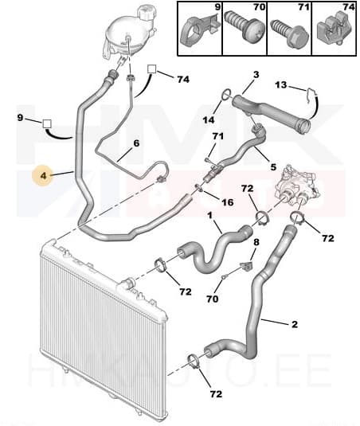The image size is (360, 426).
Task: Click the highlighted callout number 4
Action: click(44, 176)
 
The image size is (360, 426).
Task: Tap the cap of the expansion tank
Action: click(147, 12)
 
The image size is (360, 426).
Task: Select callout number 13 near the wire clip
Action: click(280, 84)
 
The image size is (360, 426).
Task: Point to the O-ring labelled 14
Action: click(226, 94)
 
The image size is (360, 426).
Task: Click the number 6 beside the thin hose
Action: click(136, 143)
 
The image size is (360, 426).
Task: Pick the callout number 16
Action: click(228, 202)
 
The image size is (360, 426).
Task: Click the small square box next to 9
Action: click(47, 124)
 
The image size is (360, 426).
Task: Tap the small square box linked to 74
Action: click(152, 69)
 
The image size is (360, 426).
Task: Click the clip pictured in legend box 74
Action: click(334, 30)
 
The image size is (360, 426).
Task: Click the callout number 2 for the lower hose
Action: click(295, 324)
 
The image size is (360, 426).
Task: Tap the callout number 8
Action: click(256, 242)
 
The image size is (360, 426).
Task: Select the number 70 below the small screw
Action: click(212, 299)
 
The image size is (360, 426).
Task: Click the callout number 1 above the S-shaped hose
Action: click(209, 216)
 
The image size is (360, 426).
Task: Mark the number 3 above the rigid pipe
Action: click(256, 75)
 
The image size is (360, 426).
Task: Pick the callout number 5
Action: click(273, 167)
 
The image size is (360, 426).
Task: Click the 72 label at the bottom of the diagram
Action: click(216, 393)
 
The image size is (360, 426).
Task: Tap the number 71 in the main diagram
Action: click(218, 136)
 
